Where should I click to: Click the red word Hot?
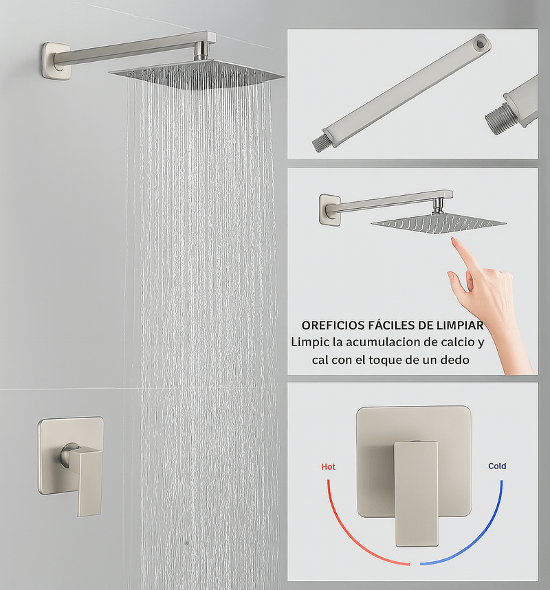(x=328, y=466)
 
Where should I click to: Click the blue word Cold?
(x=497, y=466)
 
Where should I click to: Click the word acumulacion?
(x=379, y=342)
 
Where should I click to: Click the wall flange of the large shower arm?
(x=56, y=61)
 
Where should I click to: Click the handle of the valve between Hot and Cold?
(x=416, y=493)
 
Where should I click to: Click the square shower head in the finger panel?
(x=438, y=224)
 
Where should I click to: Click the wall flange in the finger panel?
(x=329, y=209)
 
